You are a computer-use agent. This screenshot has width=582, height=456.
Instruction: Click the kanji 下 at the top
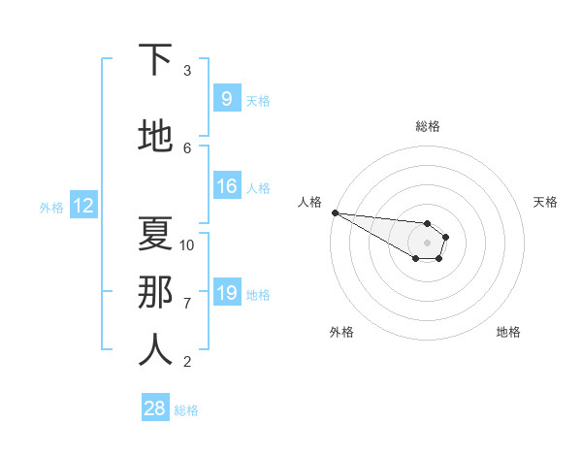pos(155,60)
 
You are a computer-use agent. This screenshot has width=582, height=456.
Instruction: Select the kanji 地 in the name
pos(155,137)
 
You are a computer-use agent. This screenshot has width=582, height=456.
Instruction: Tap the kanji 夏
pos(155,233)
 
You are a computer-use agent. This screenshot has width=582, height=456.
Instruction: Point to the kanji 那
pos(155,292)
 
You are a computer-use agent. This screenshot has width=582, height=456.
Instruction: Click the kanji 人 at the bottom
pos(155,350)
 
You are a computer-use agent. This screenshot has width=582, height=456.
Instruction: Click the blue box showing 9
pos(226,99)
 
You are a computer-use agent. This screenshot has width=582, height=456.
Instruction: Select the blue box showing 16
pos(226,186)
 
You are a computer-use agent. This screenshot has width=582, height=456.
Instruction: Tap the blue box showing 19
pos(226,293)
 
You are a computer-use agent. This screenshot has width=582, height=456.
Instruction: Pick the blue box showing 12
pos(82,206)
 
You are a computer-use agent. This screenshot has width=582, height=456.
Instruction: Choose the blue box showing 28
pos(155,408)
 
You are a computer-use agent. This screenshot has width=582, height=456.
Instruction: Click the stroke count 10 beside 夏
pos(187,244)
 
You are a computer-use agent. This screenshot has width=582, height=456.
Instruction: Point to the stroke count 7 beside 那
pos(187,303)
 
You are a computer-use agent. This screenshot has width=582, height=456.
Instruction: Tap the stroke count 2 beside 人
pos(187,361)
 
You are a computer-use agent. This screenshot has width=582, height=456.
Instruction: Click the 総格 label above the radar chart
pos(428,126)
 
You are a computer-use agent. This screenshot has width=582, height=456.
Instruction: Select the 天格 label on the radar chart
pos(546,202)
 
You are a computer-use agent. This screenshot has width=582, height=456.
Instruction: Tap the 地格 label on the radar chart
pos(508,332)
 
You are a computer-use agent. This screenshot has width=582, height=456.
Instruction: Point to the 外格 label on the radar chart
pos(341,332)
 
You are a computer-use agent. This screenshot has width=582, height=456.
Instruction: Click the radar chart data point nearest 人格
pos(335,212)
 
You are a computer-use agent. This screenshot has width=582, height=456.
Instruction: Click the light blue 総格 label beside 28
pos(186,410)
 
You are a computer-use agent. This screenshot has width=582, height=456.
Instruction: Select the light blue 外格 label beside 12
pos(50,207)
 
